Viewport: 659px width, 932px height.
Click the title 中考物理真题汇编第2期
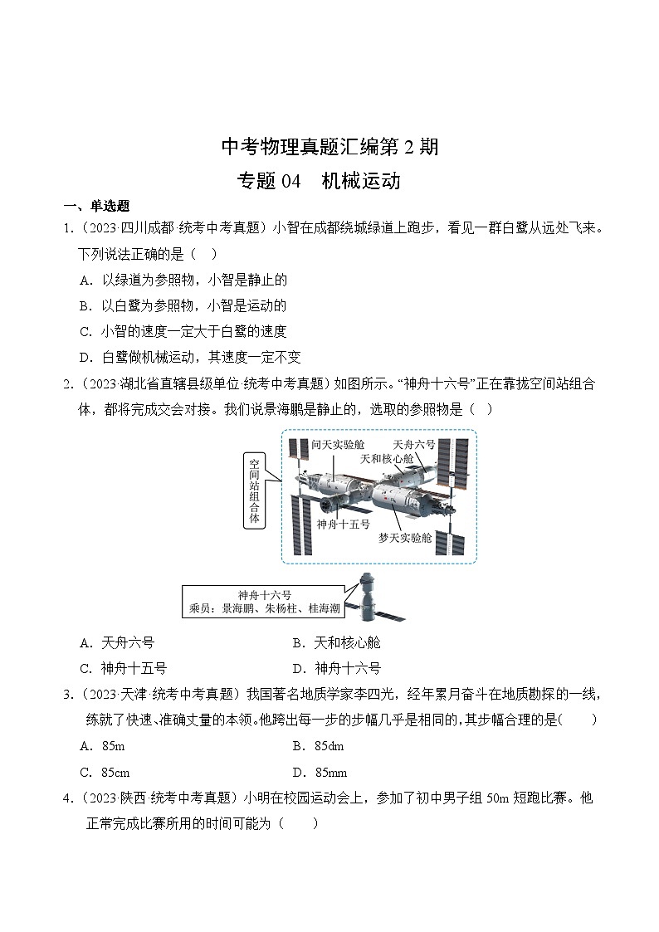[329, 148]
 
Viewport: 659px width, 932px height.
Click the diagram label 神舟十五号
[343, 525]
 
